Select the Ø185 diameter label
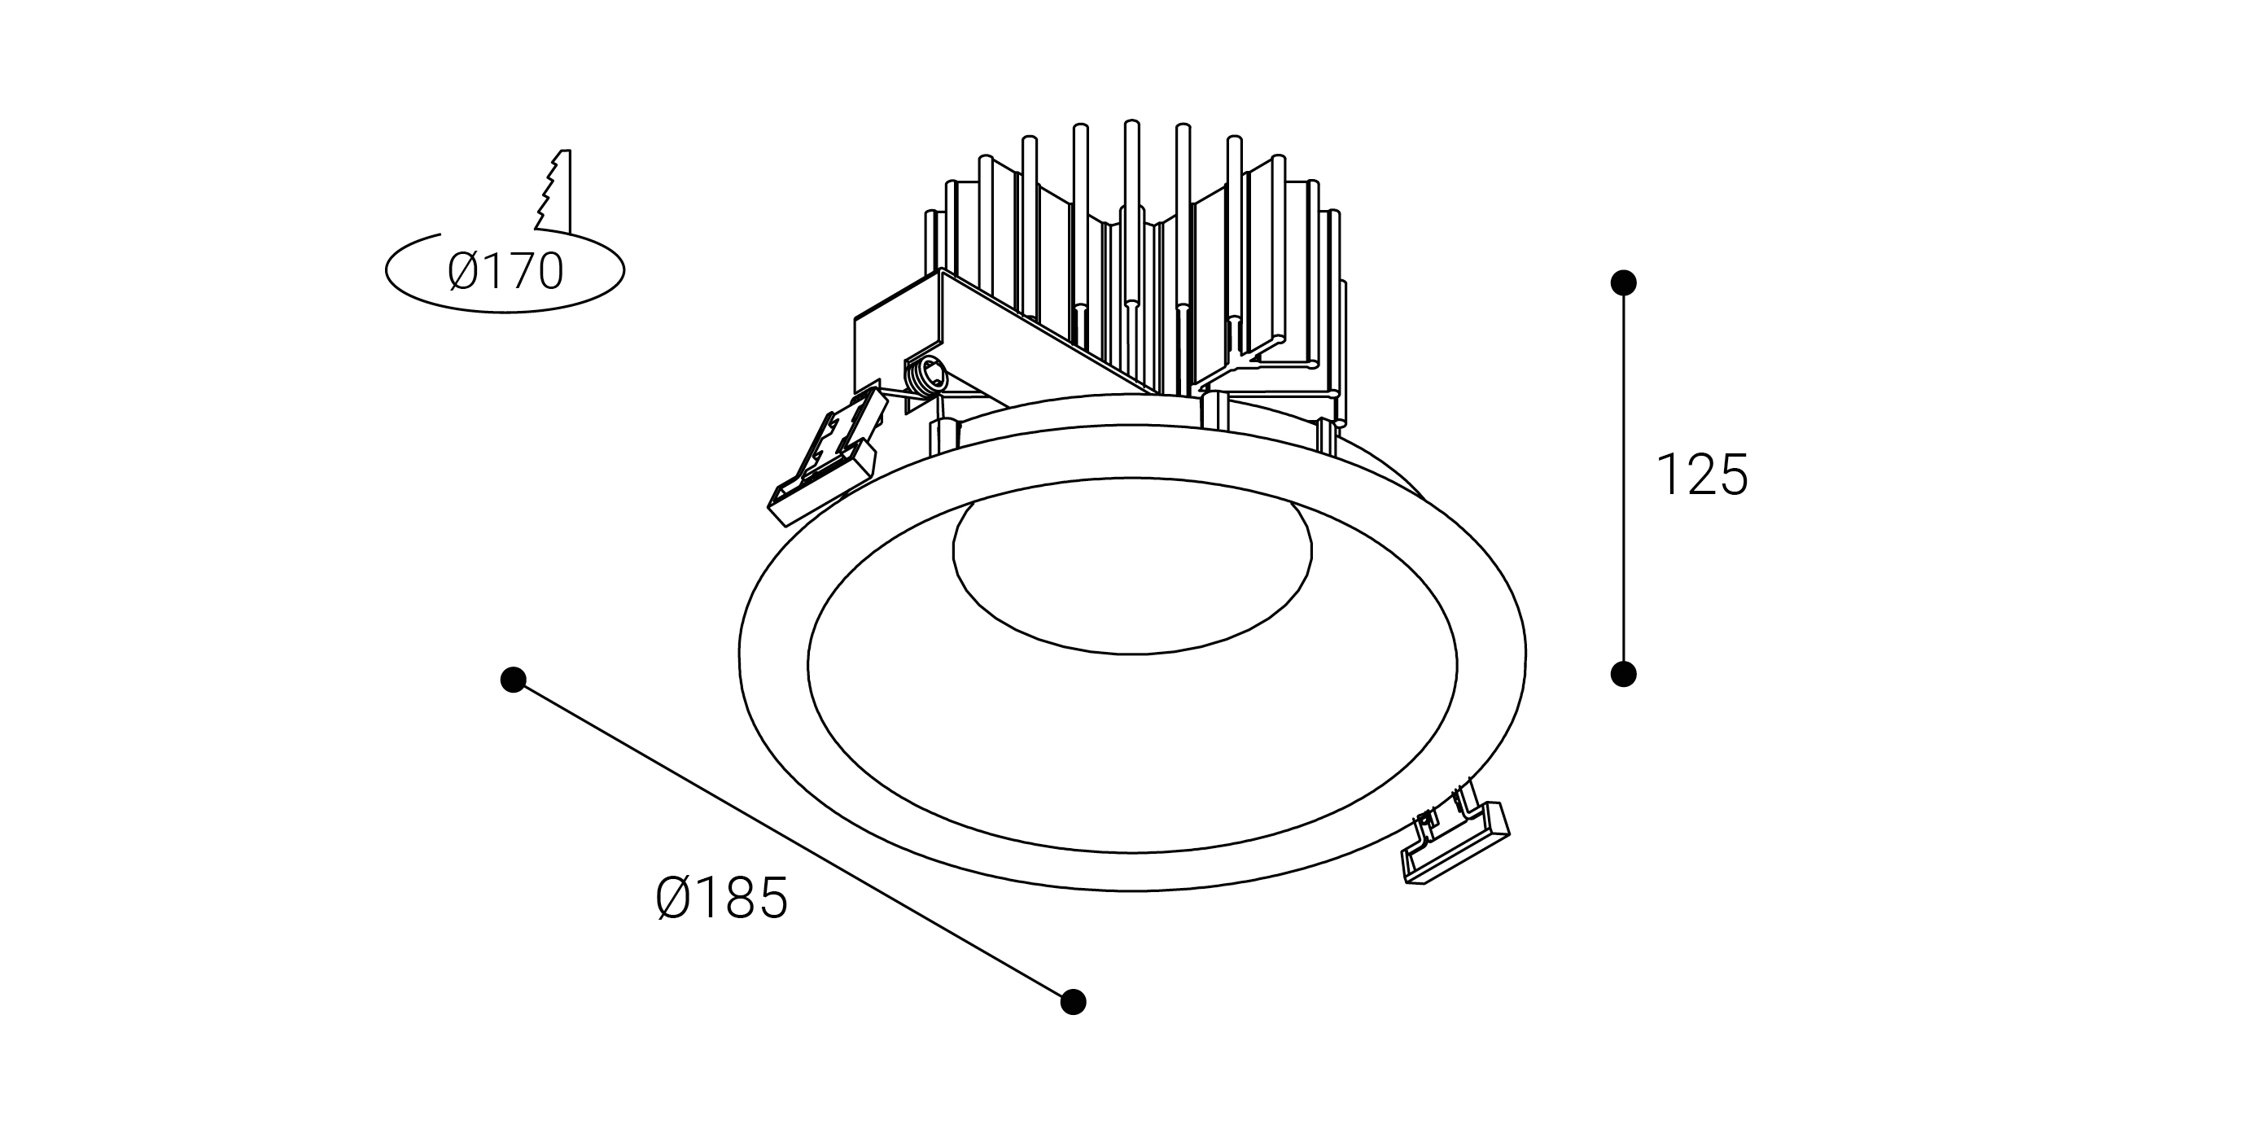click(x=722, y=899)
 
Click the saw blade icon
click(x=555, y=191)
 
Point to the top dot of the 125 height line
click(x=1624, y=282)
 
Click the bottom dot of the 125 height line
click(x=1624, y=674)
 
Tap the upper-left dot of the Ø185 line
click(x=513, y=679)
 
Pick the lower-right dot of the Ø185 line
click(x=1073, y=1001)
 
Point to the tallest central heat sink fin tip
click(x=1131, y=125)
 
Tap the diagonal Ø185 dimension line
click(x=790, y=839)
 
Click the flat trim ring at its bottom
click(x=1132, y=870)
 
